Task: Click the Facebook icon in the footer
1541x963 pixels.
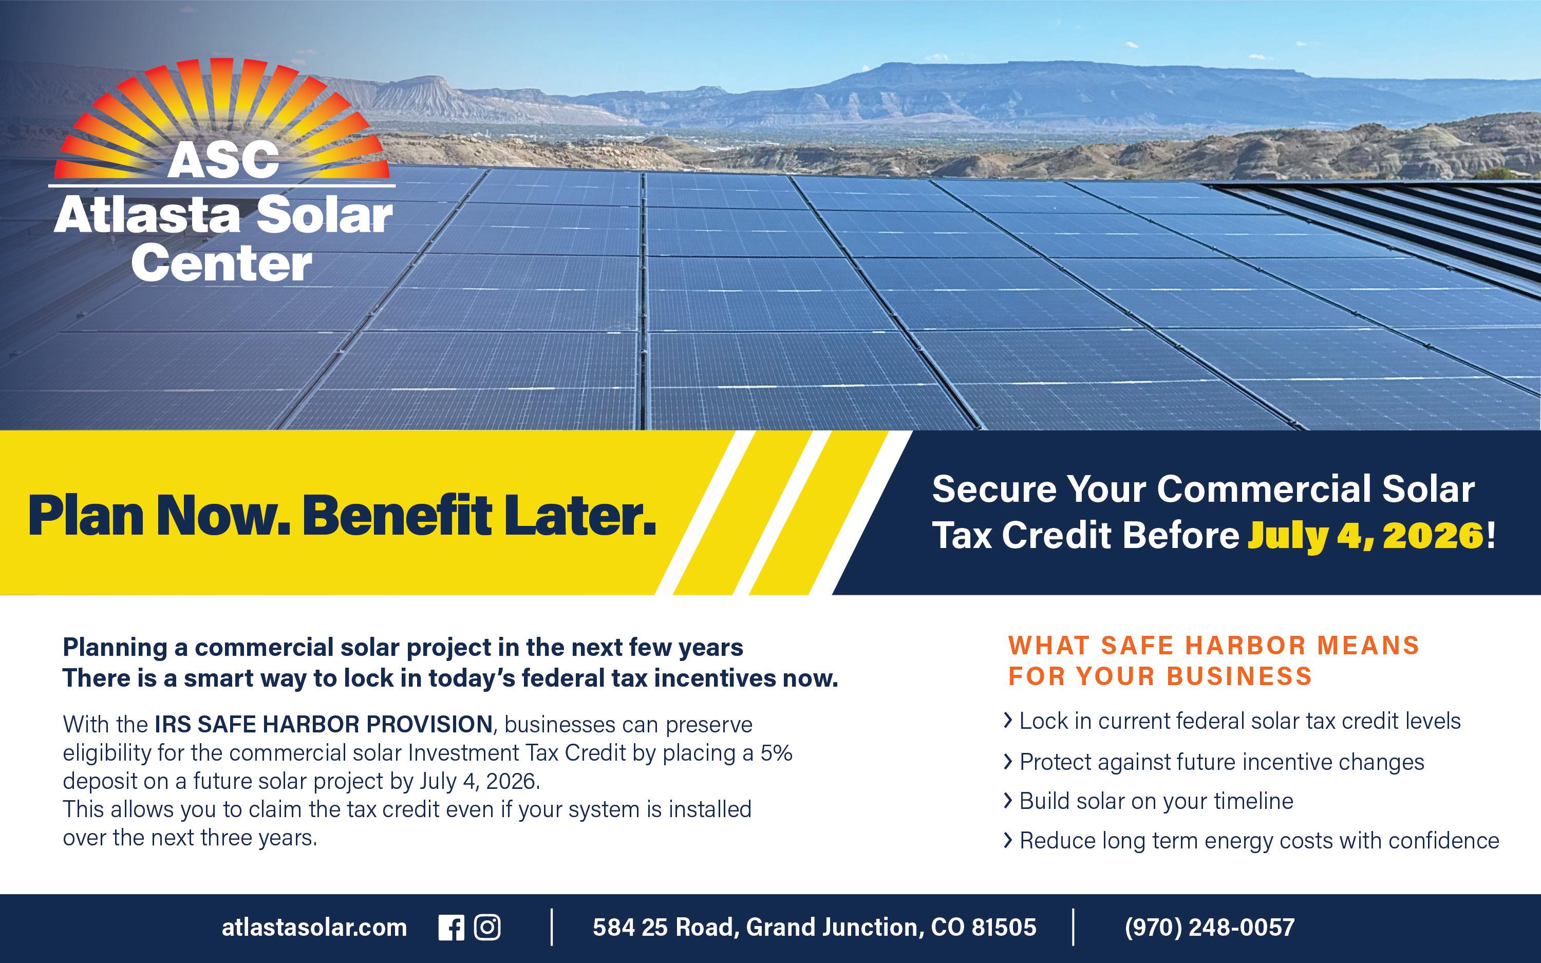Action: coord(452,928)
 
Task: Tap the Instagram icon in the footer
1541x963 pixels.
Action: coord(487,928)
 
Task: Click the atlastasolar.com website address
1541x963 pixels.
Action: coord(314,928)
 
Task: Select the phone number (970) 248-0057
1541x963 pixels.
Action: coord(1209,928)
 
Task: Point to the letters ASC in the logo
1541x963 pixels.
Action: coord(223,159)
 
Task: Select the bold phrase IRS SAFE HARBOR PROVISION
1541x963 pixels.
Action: coord(324,724)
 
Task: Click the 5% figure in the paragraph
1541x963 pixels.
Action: coord(776,753)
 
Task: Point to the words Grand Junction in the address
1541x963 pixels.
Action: coord(832,928)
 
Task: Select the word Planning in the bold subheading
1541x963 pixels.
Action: coord(115,648)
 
